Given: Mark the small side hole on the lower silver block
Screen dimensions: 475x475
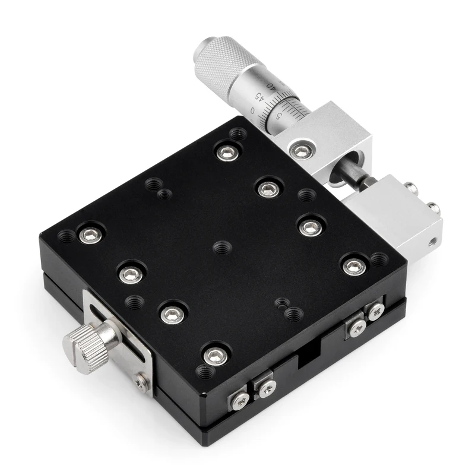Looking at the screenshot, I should (433, 242).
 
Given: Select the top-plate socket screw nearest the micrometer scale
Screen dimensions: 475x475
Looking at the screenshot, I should (226, 152).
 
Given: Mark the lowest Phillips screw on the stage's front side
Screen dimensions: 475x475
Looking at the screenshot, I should (240, 402).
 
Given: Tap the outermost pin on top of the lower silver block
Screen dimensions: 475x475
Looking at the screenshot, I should (434, 207).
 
